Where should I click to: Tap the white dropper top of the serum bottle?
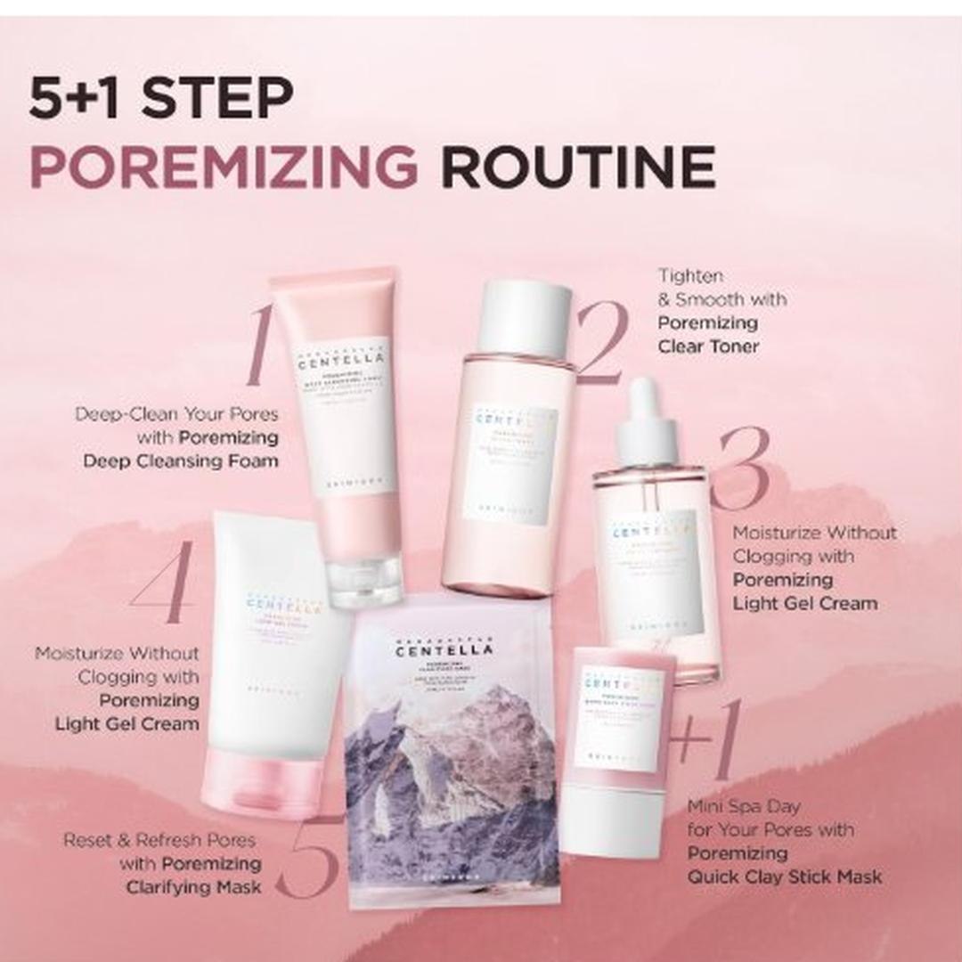[x=648, y=419]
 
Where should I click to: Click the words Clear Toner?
[x=708, y=346]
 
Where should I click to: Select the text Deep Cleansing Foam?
[x=181, y=461]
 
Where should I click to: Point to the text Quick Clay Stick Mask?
[x=784, y=877]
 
